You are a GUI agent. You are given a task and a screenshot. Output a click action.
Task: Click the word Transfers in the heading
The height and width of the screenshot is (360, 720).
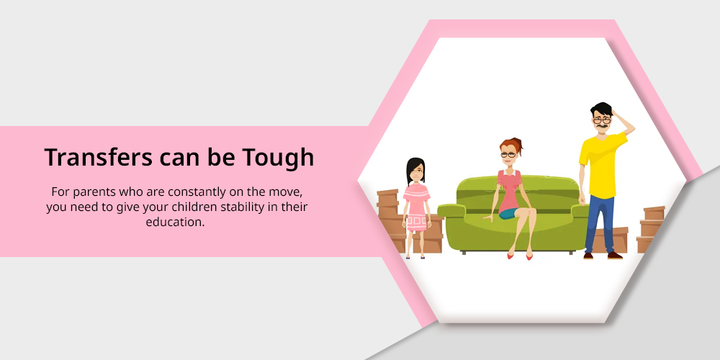98,158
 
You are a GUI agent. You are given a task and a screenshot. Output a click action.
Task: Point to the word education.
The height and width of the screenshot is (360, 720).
175,222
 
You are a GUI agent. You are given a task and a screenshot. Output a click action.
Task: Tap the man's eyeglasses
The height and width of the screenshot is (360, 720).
601,121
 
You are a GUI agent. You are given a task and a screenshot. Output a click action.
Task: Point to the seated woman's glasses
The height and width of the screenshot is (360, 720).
508,155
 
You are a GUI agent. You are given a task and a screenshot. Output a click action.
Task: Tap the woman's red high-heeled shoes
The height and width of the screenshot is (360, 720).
519,256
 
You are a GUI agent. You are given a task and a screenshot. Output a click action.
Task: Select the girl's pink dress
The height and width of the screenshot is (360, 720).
416,207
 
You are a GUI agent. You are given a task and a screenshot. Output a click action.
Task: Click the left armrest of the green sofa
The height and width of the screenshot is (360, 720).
451,211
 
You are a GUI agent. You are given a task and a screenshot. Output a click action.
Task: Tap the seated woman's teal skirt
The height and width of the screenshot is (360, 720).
508,213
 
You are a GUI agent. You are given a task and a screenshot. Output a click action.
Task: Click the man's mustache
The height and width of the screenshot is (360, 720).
601,126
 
